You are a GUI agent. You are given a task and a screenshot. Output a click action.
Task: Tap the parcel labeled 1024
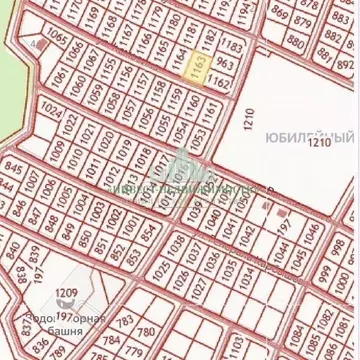tap(48, 105)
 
